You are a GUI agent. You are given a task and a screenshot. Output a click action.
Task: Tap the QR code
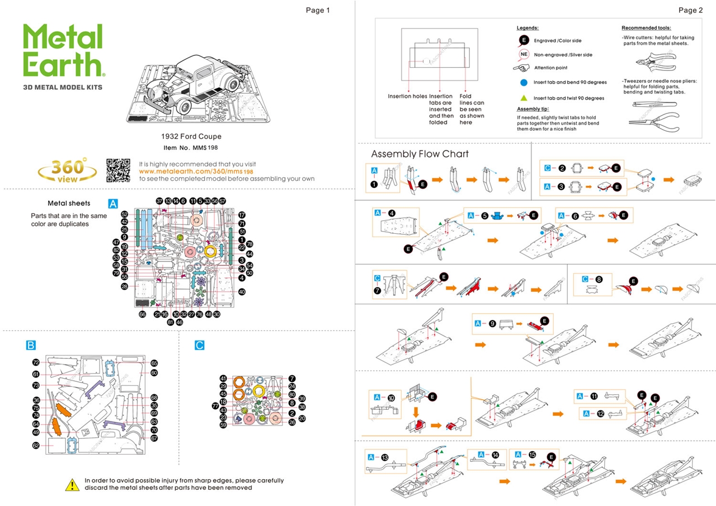coord(119,171)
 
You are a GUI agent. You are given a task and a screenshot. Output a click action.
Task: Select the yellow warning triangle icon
coord(72,484)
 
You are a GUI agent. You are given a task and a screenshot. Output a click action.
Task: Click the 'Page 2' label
coord(690,10)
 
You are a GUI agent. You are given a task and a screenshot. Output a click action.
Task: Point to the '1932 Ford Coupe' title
coord(191,136)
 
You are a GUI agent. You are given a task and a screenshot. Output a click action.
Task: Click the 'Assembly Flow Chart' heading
coord(420,154)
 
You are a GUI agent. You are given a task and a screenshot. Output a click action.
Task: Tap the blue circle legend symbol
coord(524,82)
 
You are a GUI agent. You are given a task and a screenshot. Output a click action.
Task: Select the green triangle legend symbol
coord(524,98)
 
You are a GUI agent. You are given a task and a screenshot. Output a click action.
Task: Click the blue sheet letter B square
coord(31,345)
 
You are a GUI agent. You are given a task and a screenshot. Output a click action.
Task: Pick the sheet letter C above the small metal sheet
coord(200,345)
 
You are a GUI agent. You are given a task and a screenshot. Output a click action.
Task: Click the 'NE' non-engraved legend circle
coord(524,54)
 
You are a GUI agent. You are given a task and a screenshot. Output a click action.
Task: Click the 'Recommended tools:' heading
coord(646,28)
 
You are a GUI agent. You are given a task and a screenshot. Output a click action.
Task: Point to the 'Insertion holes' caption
coord(407,96)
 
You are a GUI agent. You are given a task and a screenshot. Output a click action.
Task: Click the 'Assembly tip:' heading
coord(533,109)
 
